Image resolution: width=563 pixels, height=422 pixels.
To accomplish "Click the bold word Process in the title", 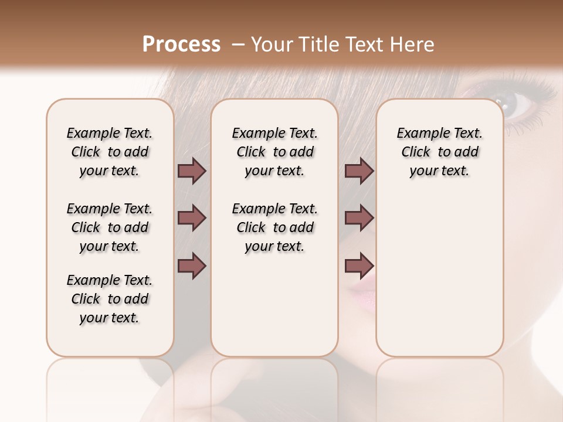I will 181,45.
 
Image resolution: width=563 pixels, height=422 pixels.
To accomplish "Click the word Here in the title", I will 412,45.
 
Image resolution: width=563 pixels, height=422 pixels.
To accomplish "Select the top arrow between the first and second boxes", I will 192,171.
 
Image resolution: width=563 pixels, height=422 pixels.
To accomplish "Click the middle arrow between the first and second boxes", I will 192,218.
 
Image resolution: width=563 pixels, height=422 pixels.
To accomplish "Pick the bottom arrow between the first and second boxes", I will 192,266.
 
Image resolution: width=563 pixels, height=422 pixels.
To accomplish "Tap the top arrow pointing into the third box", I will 359,171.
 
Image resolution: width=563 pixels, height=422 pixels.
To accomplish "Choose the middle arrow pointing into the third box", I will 359,218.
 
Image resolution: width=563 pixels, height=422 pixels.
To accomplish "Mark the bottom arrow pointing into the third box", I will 359,266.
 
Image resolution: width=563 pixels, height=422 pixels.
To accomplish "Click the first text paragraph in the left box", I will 110,152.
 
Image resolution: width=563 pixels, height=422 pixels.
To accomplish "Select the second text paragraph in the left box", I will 110,227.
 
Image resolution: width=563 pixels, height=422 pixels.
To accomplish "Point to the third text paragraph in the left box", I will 110,299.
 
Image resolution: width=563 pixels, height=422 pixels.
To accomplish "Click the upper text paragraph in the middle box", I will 274,152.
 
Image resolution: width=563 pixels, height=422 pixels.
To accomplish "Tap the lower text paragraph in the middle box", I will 274,227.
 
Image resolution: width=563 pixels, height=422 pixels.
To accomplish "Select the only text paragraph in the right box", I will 440,152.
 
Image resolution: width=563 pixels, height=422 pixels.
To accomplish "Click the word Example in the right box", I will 417,134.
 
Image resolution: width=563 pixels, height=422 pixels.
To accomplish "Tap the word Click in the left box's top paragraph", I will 86,152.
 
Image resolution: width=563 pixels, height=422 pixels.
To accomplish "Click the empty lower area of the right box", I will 440,275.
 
